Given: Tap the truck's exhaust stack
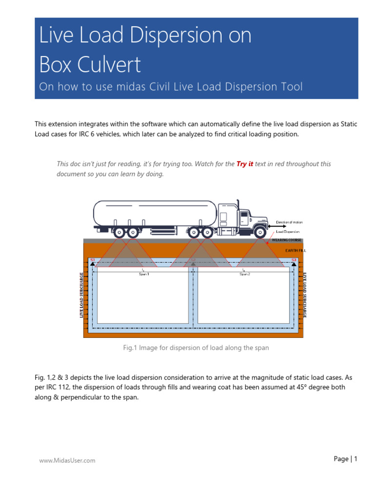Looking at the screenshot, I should click(x=238, y=207).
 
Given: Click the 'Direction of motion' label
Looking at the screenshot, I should click(x=289, y=222).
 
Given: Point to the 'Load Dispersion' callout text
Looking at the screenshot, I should click(x=288, y=231).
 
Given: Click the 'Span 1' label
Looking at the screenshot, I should click(x=144, y=274).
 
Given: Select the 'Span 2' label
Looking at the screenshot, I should click(x=245, y=274).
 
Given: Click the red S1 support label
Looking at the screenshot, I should click(x=92, y=260).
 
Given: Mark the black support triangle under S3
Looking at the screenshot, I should click(x=294, y=264).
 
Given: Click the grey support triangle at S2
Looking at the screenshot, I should click(x=193, y=264).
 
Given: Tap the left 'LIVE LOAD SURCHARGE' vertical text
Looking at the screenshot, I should click(x=82, y=295).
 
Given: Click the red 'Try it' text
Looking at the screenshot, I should click(x=245, y=164).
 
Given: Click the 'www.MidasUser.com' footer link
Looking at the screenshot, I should click(x=67, y=460).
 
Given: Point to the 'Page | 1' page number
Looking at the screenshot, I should click(x=346, y=458).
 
